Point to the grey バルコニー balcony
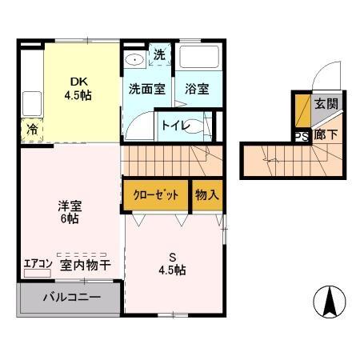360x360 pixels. pyautogui.click(x=70, y=296)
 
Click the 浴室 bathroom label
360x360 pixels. pyautogui.click(x=197, y=88)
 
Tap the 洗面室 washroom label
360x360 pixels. pyautogui.click(x=146, y=88)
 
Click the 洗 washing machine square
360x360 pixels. pyautogui.click(x=159, y=55)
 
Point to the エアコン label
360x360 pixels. pyautogui.click(x=37, y=262)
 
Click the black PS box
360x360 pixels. pyautogui.click(x=302, y=135)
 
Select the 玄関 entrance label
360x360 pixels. pyautogui.click(x=324, y=103)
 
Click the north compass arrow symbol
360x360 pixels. pyautogui.click(x=328, y=302)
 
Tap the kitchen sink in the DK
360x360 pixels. pyautogui.click(x=31, y=103)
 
